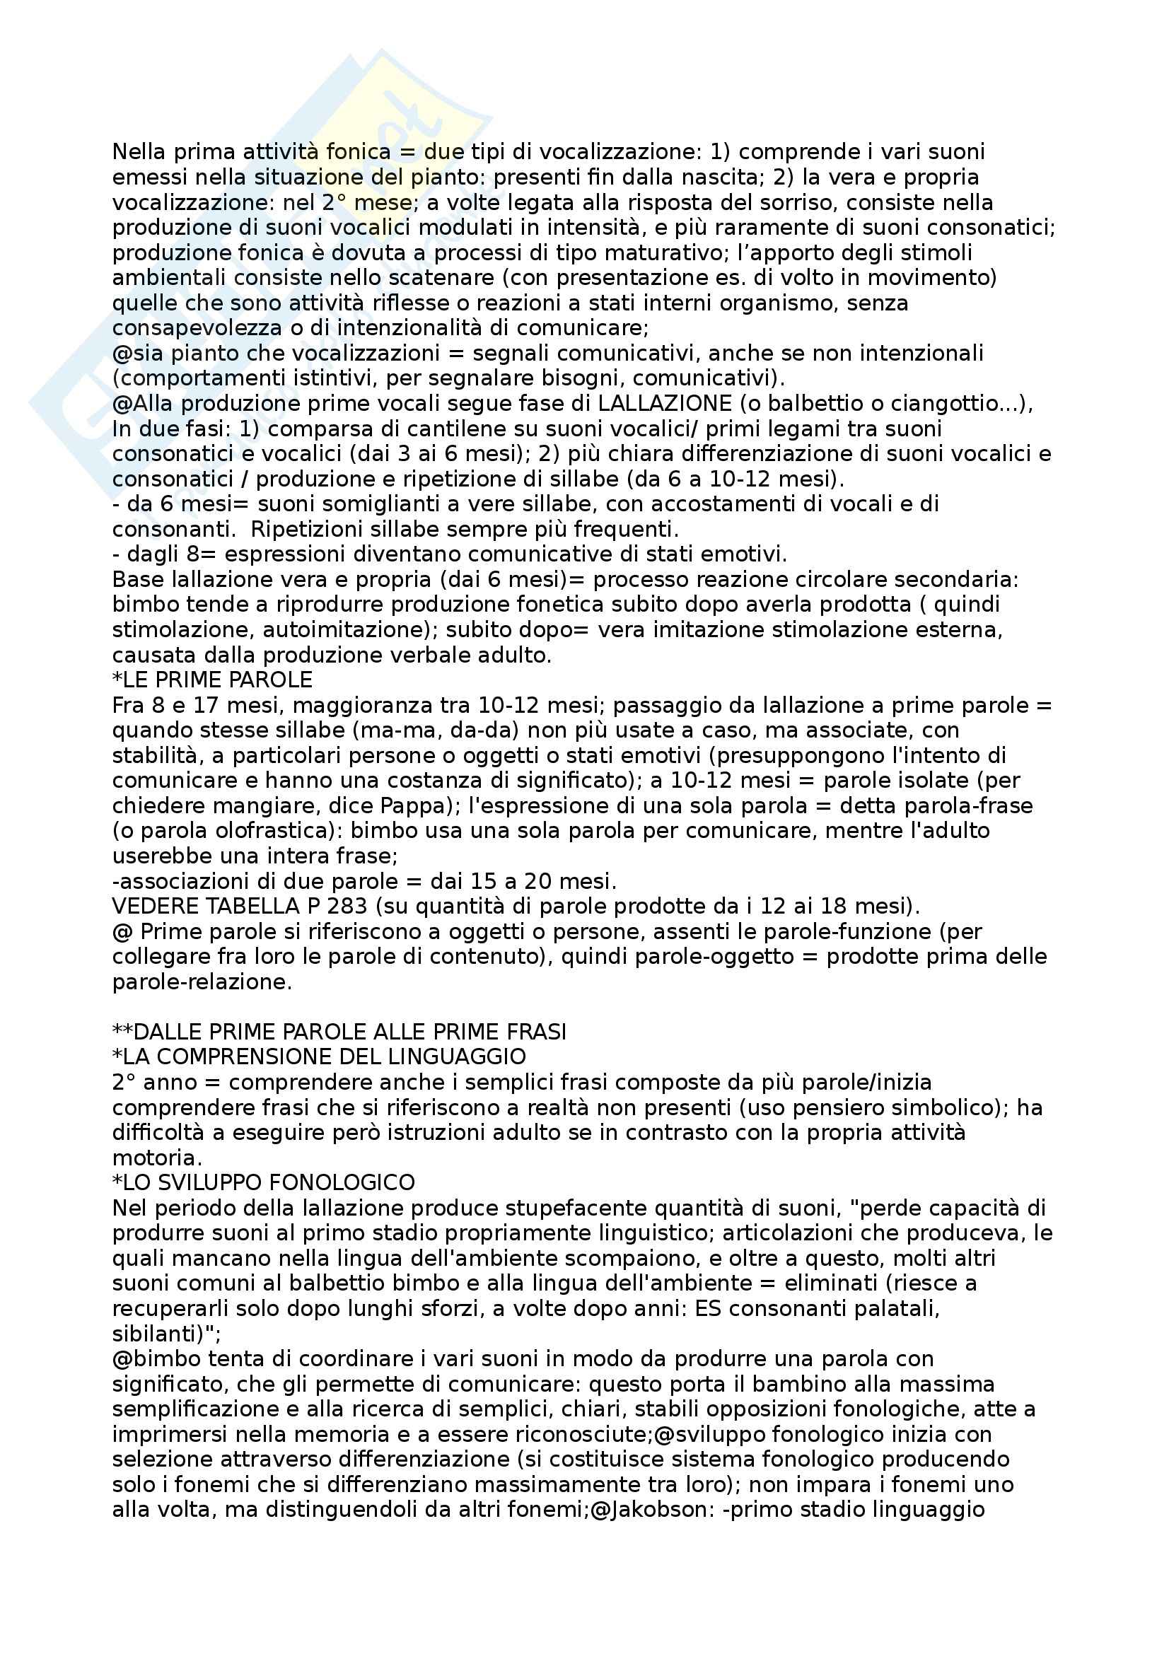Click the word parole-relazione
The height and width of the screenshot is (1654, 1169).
coord(202,983)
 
